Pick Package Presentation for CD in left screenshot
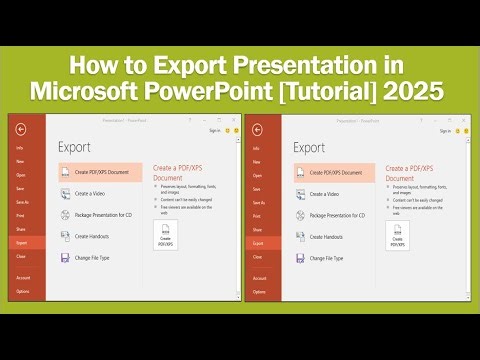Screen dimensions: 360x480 (105, 214)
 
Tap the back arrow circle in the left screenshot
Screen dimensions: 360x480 (22, 129)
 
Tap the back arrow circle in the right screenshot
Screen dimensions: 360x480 (257, 129)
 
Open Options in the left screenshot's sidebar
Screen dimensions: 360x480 (22, 291)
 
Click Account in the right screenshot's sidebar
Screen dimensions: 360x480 (257, 278)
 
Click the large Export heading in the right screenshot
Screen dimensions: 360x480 (309, 147)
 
